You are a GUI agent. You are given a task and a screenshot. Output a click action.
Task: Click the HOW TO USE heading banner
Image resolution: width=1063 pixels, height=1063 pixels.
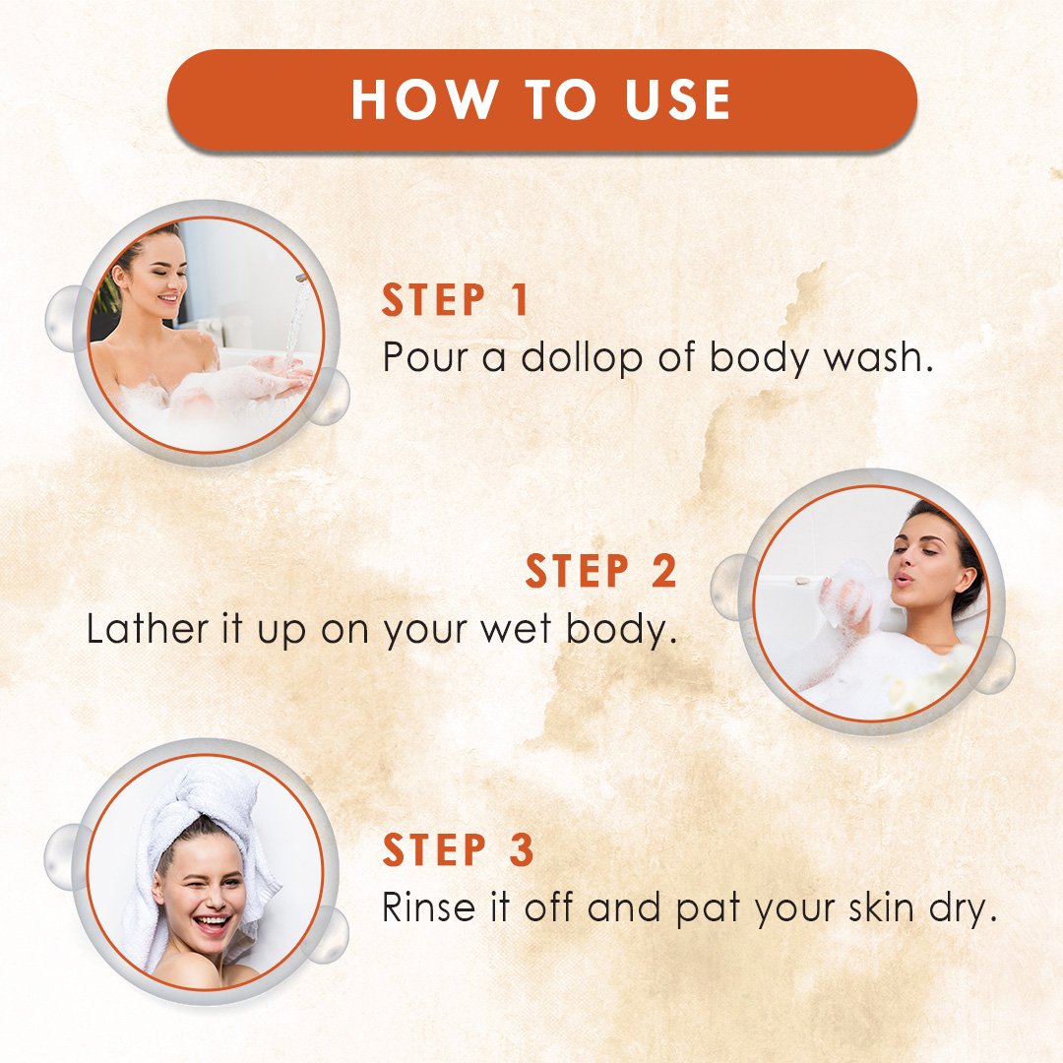click(541, 100)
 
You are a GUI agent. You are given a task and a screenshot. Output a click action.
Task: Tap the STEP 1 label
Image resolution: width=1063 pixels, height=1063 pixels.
click(455, 300)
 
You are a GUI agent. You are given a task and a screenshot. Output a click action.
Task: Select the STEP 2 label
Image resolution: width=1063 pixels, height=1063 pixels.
click(601, 571)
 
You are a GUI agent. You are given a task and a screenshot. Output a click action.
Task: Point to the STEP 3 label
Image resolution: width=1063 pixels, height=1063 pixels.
click(459, 849)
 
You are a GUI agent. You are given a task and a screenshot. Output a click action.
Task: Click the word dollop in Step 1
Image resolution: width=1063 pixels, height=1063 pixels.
click(582, 359)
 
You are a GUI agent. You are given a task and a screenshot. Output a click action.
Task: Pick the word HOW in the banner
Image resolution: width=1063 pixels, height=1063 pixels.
click(423, 100)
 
